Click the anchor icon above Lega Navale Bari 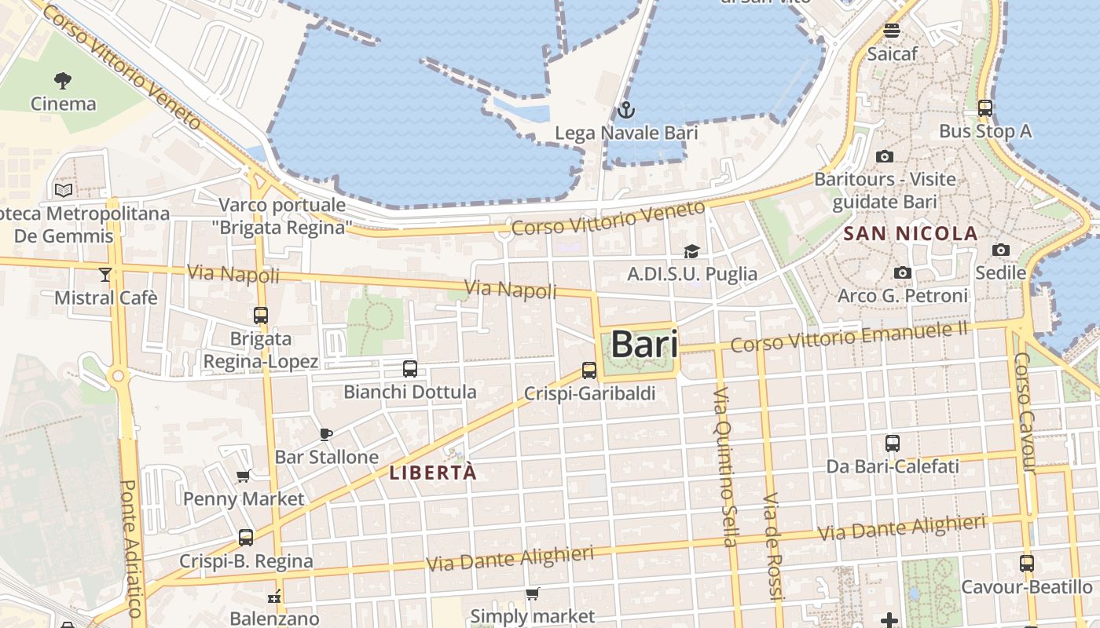[x=625, y=109]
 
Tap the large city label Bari [x=644, y=345]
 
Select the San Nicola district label [x=910, y=233]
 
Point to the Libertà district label [x=433, y=473]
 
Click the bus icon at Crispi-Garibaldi [x=589, y=371]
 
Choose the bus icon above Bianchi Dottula [x=409, y=369]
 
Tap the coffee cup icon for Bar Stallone [x=326, y=434]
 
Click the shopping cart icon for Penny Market [x=244, y=476]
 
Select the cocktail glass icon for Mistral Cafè [x=105, y=274]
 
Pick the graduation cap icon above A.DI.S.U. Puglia [x=691, y=251]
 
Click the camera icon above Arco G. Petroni [x=903, y=273]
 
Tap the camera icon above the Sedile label [x=1001, y=250]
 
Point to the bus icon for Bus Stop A [x=985, y=108]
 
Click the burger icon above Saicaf [x=892, y=31]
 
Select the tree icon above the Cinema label [x=63, y=80]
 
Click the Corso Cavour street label [x=1025, y=412]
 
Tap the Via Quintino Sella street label [x=724, y=466]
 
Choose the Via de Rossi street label [x=773, y=546]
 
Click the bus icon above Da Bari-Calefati [x=893, y=444]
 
